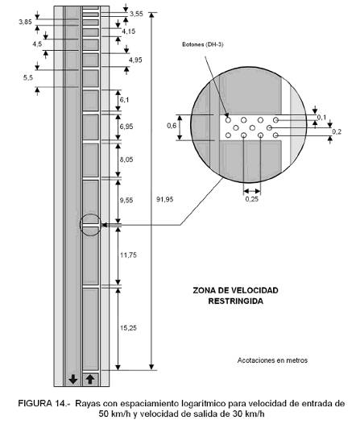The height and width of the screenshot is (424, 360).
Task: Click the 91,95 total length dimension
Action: tap(164, 200)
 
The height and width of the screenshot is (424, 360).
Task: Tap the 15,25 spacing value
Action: tap(128, 328)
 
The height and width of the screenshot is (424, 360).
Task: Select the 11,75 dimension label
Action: tap(128, 255)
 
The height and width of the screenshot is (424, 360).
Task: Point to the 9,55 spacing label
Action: tap(126, 200)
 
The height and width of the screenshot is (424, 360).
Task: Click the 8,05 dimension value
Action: tap(126, 160)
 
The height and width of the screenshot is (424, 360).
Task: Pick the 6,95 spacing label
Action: tap(126, 127)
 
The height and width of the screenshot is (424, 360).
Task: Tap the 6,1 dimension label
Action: tap(124, 100)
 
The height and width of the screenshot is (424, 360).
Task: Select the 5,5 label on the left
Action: tap(28, 78)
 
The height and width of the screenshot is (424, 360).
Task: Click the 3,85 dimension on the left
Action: tap(25, 23)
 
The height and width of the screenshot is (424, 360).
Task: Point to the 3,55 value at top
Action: tap(136, 14)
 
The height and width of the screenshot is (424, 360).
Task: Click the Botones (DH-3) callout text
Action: tap(203, 44)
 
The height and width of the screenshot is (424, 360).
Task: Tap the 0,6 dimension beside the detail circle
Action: tap(172, 126)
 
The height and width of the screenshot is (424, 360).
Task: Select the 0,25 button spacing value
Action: tap(252, 199)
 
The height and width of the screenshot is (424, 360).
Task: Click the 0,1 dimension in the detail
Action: tap(321, 118)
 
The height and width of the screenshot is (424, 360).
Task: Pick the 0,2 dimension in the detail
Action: tap(337, 131)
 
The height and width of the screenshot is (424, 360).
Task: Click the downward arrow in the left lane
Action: tap(73, 379)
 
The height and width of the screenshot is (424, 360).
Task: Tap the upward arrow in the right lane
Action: tap(90, 379)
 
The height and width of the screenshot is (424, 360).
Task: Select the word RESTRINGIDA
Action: tap(235, 301)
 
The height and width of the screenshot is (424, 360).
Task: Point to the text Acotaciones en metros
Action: tap(272, 360)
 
